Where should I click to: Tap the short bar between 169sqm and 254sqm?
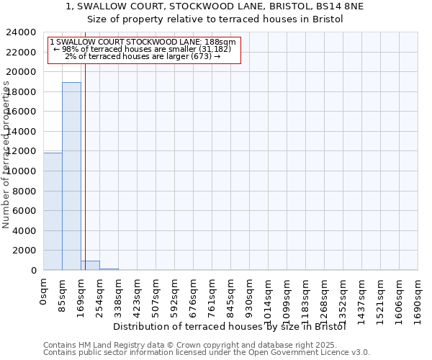click(90, 265)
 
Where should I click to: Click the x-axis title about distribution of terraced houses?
click(230, 326)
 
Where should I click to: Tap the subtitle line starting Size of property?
click(216, 19)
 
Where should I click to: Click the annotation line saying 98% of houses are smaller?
click(142, 48)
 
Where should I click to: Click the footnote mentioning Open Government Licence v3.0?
click(207, 352)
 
